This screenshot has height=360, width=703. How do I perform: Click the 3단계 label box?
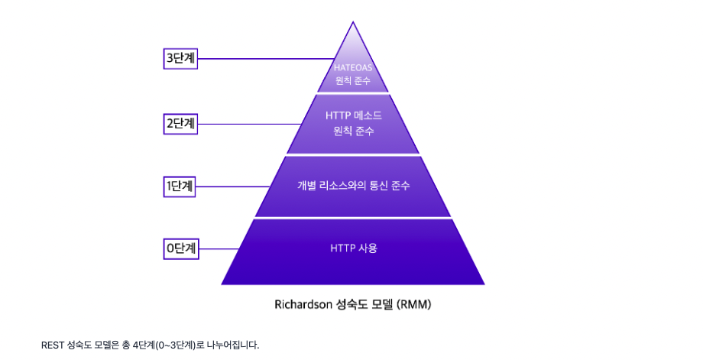pos(181,59)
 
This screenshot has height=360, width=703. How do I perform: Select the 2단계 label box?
pos(181,123)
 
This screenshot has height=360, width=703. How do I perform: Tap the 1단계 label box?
pos(181,186)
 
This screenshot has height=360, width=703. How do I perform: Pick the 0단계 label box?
pos(181,248)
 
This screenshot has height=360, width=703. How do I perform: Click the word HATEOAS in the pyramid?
pos(352,67)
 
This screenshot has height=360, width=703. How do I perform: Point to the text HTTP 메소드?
pos(352,115)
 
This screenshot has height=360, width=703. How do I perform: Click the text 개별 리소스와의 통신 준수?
pos(352,186)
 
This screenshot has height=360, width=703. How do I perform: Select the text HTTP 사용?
pos(353,248)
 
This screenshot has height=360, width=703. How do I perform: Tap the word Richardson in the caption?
pos(302,304)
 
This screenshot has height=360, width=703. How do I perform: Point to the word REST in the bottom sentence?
pos(53,345)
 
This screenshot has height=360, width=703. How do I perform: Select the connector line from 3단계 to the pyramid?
pos(264,59)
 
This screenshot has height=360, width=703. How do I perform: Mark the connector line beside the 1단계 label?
pos(233,186)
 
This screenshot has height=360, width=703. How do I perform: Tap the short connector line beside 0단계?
pos(219,248)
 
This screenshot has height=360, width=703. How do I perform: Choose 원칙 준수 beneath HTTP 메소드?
pos(352,131)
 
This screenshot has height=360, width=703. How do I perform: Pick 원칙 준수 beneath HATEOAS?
pos(352,80)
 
